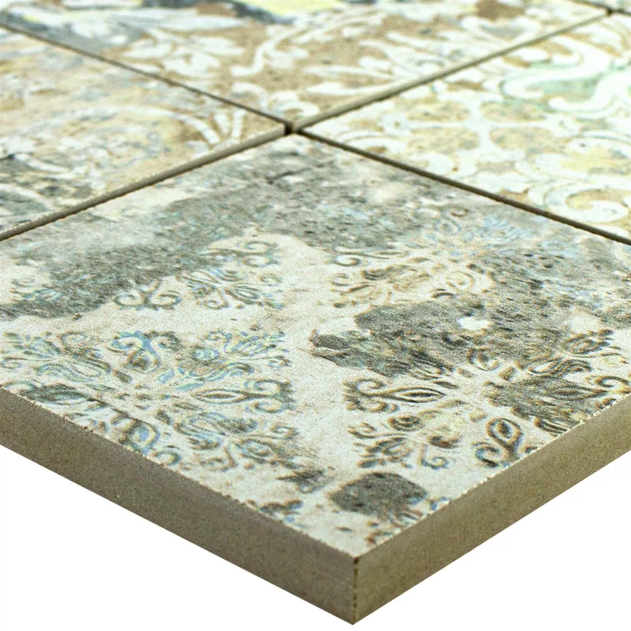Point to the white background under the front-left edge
pos(105,552)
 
